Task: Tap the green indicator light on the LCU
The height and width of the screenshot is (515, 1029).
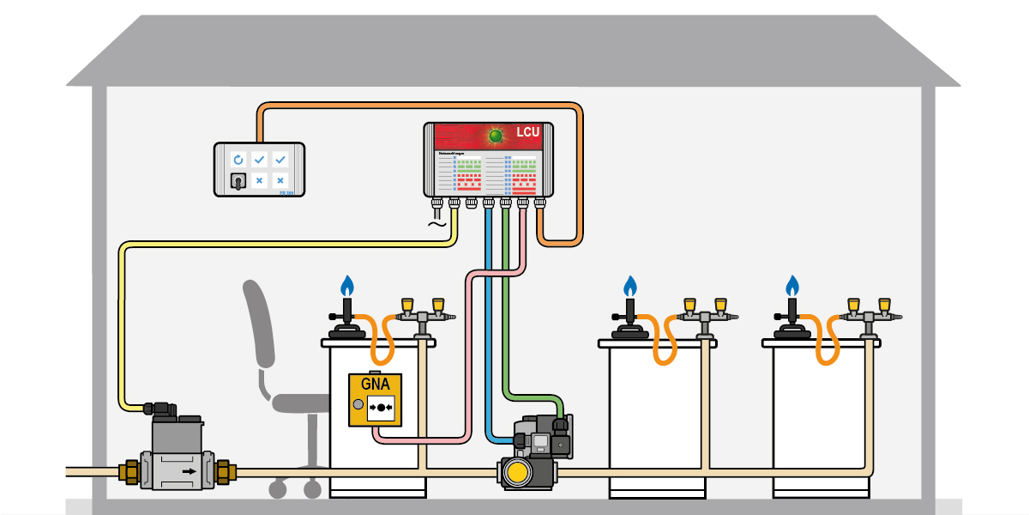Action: coord(495,135)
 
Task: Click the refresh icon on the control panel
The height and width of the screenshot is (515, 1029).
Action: coord(238,160)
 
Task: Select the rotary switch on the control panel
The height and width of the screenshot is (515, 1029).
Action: coord(238,181)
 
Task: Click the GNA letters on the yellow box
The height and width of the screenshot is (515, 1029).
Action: coord(375,384)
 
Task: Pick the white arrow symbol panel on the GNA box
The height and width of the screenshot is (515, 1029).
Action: coord(381,405)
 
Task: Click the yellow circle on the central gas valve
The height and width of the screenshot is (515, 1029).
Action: coord(517,472)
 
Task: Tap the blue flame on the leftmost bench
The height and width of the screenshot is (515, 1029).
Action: coord(347,284)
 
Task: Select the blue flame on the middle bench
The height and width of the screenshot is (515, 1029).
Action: coord(630,284)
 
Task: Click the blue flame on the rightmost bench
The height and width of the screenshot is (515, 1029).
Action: coord(792,284)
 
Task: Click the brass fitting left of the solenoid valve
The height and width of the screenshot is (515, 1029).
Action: coord(131,471)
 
